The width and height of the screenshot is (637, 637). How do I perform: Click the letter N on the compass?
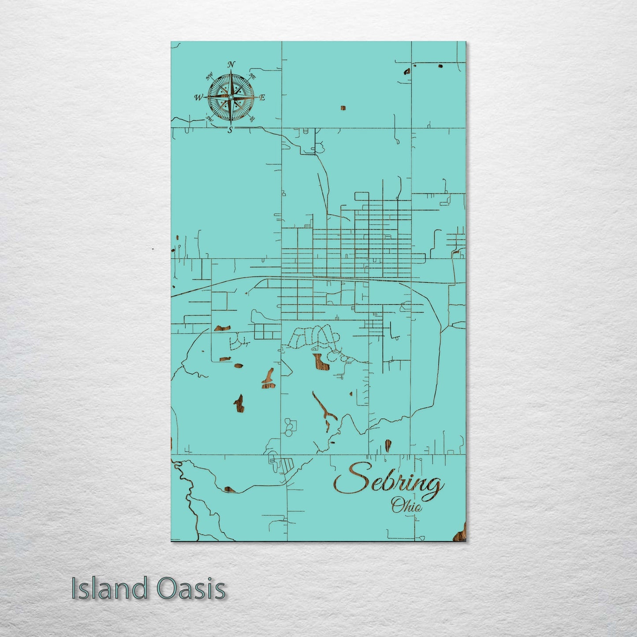click(x=231, y=65)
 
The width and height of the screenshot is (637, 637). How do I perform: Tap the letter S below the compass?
click(x=230, y=129)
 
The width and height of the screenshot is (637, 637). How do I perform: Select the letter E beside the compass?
click(x=262, y=98)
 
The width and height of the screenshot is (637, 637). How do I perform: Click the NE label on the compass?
click(x=253, y=76)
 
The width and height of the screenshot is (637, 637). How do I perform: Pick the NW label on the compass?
click(x=209, y=78)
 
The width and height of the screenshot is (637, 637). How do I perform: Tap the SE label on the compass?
click(x=252, y=119)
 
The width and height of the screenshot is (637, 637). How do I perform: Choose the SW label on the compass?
click(x=209, y=118)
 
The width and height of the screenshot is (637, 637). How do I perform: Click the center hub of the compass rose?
click(x=231, y=97)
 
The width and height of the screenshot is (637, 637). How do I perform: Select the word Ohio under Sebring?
click(x=406, y=505)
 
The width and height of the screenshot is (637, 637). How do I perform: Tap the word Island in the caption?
click(x=109, y=588)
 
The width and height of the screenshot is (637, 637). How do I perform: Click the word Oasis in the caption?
click(x=190, y=588)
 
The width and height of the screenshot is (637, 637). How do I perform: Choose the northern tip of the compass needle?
click(x=231, y=72)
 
